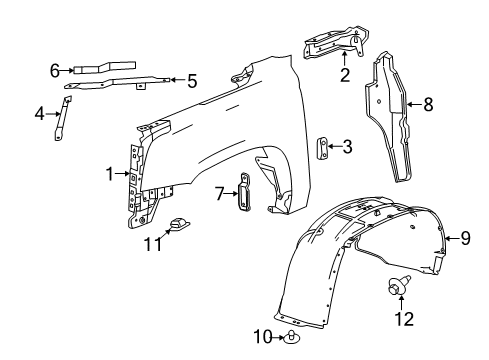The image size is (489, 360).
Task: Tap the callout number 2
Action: (345, 74)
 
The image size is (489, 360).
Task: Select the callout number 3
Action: (347, 147)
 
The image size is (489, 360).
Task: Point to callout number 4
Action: (41, 114)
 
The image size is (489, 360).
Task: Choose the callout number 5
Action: (192, 81)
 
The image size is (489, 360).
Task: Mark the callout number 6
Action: (56, 69)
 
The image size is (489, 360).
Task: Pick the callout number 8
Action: (429, 103)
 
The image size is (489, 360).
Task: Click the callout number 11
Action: (153, 243)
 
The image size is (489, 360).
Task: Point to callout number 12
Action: (403, 319)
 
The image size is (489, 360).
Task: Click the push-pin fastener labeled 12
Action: (395, 291)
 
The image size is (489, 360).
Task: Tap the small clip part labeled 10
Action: (291, 336)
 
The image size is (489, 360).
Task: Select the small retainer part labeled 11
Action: (181, 226)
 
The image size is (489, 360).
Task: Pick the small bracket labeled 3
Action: (323, 147)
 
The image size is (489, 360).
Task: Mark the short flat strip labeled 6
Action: (88, 69)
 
